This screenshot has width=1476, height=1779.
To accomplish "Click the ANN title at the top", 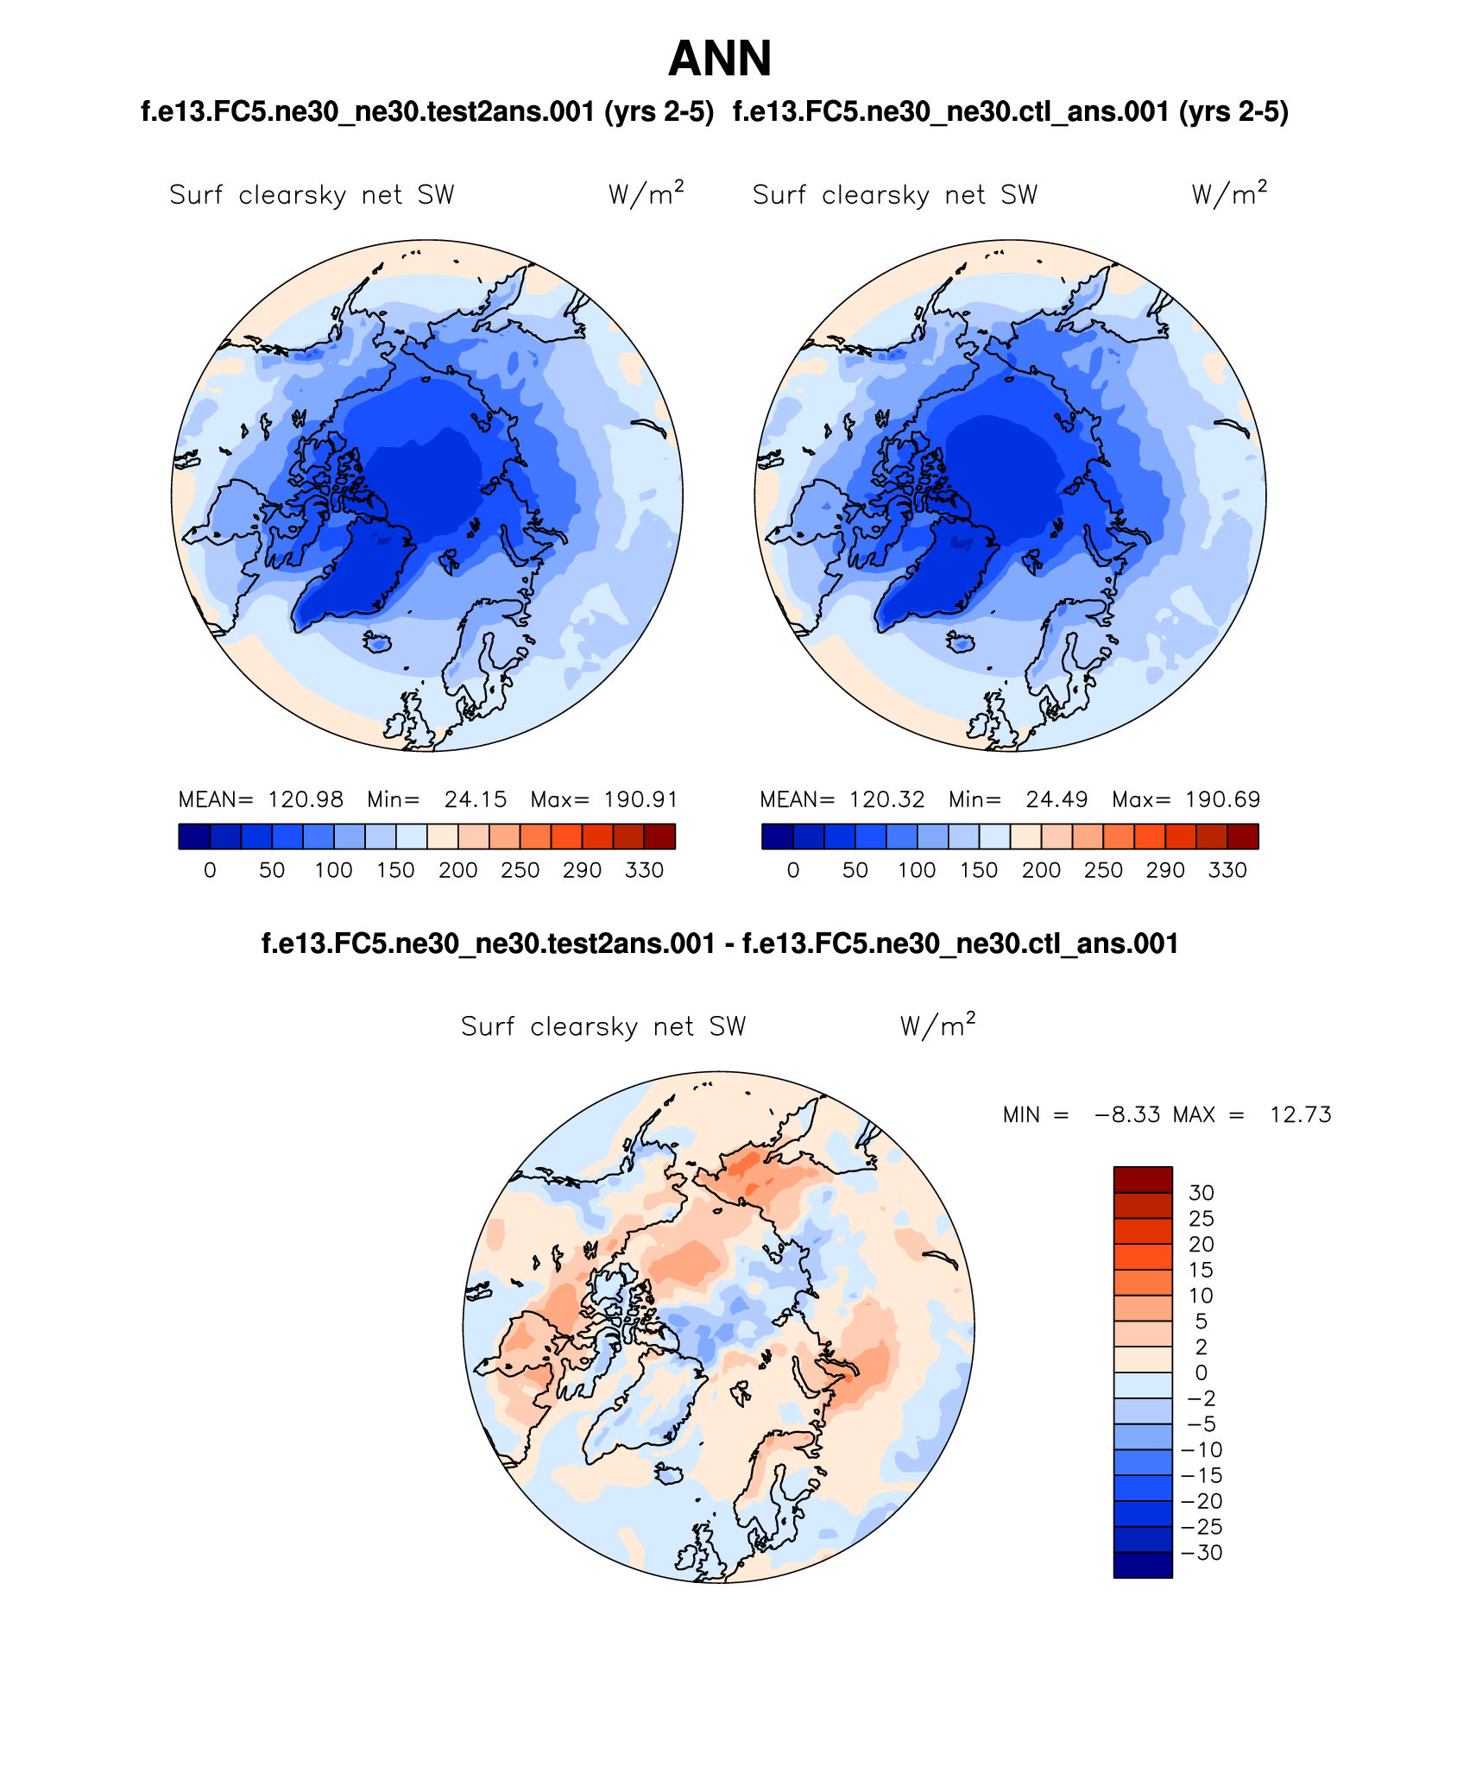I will point(720,59).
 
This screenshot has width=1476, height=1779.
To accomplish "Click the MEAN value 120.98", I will point(305,800).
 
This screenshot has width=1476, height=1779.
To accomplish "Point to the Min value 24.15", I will point(476,800).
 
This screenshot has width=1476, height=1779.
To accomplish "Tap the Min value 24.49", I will point(1057,800).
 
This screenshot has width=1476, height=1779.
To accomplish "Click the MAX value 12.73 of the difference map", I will point(1300,1115).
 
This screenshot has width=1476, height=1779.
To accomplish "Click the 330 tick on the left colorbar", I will point(644,870).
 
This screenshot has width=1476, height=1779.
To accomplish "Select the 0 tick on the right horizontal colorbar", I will point(793,870).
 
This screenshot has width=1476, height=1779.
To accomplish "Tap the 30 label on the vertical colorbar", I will point(1202,1193).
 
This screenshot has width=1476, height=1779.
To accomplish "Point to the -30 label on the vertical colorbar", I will point(1202,1553).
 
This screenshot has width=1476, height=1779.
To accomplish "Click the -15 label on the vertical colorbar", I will point(1202,1476).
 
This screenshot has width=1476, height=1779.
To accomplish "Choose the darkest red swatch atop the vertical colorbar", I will point(1143,1180).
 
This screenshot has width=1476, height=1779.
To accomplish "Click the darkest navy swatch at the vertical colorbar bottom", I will point(1143,1565).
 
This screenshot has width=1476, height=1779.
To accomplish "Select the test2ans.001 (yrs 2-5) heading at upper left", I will point(427,112).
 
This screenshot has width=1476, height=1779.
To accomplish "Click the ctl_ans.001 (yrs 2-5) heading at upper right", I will point(1011,112).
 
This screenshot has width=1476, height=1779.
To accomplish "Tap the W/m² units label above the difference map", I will point(937,1025).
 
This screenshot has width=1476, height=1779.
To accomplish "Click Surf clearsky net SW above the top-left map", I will point(312,195).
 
